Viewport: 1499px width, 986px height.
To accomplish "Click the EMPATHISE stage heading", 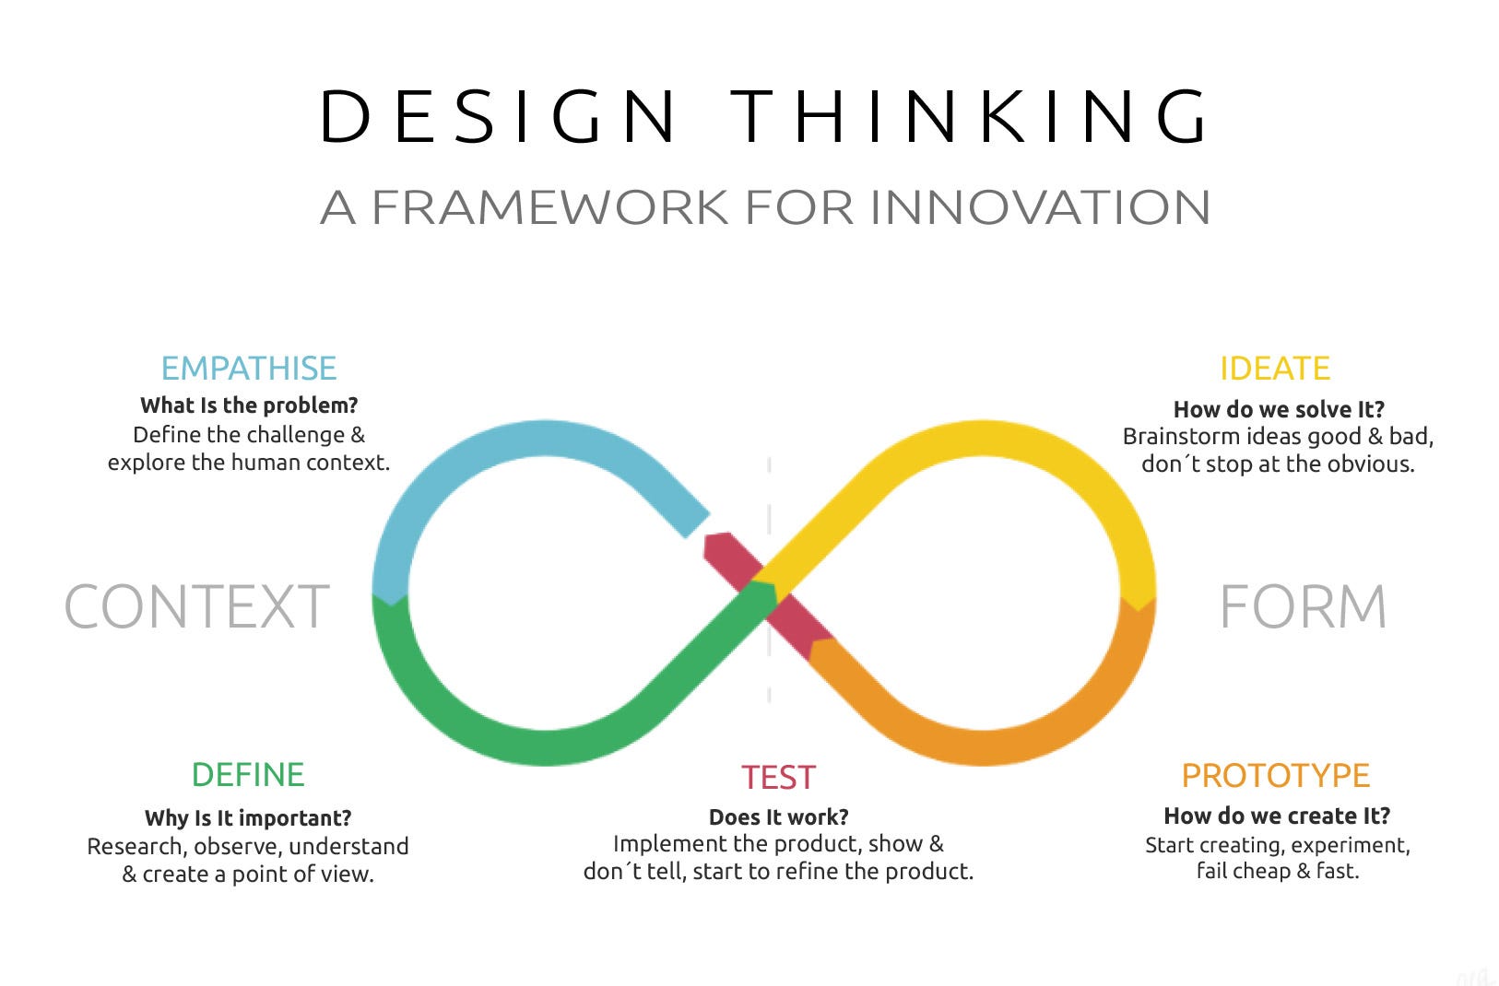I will (x=249, y=369).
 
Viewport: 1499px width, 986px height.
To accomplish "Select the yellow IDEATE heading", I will (x=1275, y=369).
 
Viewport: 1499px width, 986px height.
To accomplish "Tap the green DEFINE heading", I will (x=248, y=775).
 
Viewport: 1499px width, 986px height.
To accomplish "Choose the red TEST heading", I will (x=779, y=778).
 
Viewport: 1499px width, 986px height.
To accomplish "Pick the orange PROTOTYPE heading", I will (x=1276, y=776).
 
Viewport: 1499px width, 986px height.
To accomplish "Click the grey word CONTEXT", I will (x=196, y=607).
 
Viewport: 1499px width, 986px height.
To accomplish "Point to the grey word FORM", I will (x=1303, y=607).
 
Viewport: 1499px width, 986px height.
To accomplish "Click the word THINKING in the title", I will (x=970, y=117).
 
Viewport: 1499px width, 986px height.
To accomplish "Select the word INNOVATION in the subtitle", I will (x=1040, y=207).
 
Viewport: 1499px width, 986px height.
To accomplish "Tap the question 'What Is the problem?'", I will (x=249, y=405).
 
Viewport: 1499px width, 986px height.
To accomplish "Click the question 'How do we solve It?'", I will (x=1279, y=409).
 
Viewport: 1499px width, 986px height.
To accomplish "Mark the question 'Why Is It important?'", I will (x=248, y=818).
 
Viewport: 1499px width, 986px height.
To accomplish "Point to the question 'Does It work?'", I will (x=779, y=817).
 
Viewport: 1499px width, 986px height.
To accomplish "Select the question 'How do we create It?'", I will (x=1277, y=816).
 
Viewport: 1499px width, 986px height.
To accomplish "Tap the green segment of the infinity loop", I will (x=516, y=742).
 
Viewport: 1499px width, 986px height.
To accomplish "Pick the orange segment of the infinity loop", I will (x=1014, y=742).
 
